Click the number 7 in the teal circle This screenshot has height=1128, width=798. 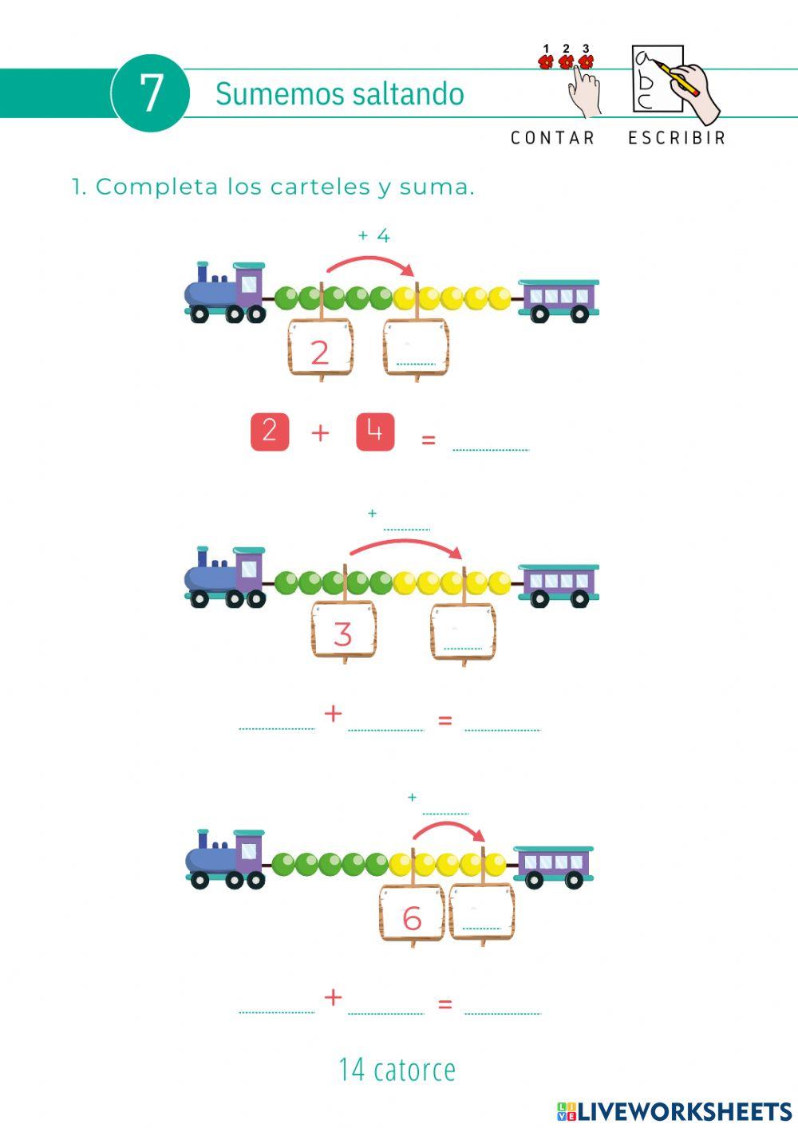click(x=151, y=93)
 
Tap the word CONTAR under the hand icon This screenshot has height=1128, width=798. click(x=553, y=138)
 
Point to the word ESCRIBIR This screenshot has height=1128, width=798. click(x=677, y=138)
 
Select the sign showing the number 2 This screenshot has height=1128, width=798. click(x=320, y=349)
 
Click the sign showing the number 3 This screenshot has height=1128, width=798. click(x=343, y=631)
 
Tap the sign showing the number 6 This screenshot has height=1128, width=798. click(x=412, y=914)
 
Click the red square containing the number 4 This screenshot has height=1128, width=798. click(x=375, y=432)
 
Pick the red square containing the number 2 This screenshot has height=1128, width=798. click(x=270, y=432)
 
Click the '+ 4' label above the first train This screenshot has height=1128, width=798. click(x=373, y=236)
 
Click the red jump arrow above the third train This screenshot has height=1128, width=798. click(x=448, y=830)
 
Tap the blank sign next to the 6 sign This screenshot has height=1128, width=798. click(x=482, y=913)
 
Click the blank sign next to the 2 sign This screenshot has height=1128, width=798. click(x=416, y=349)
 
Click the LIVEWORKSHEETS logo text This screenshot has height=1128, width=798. click(x=684, y=1111)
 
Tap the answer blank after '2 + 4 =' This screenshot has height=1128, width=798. click(x=490, y=440)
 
